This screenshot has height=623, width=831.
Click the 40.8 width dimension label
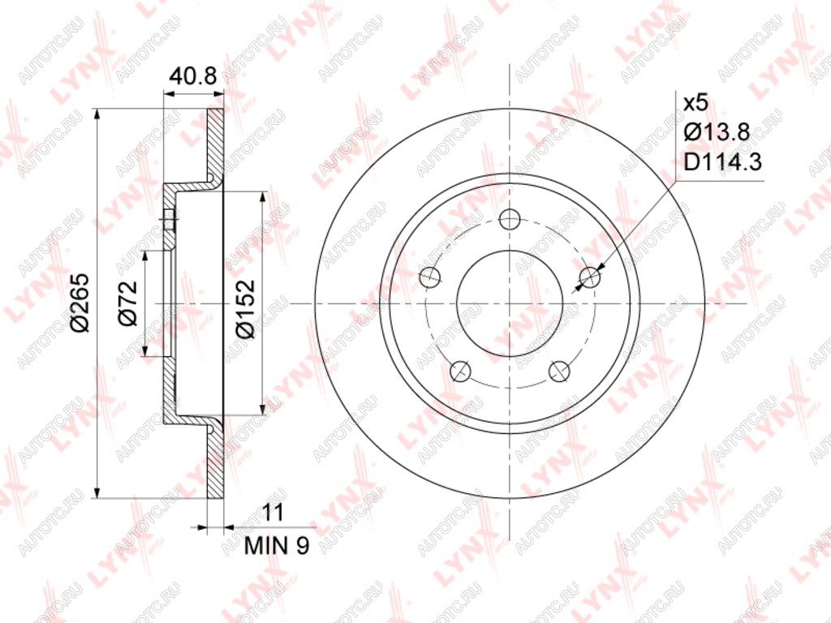193,77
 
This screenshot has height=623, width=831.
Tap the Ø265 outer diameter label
81,303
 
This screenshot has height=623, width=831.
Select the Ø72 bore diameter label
127,303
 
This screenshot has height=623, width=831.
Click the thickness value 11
273,513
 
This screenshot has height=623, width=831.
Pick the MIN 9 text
277,545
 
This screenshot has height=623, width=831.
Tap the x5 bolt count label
695,103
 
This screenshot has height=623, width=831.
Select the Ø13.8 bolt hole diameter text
717,132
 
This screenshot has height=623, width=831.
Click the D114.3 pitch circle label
723,161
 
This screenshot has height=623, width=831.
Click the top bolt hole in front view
510,219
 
